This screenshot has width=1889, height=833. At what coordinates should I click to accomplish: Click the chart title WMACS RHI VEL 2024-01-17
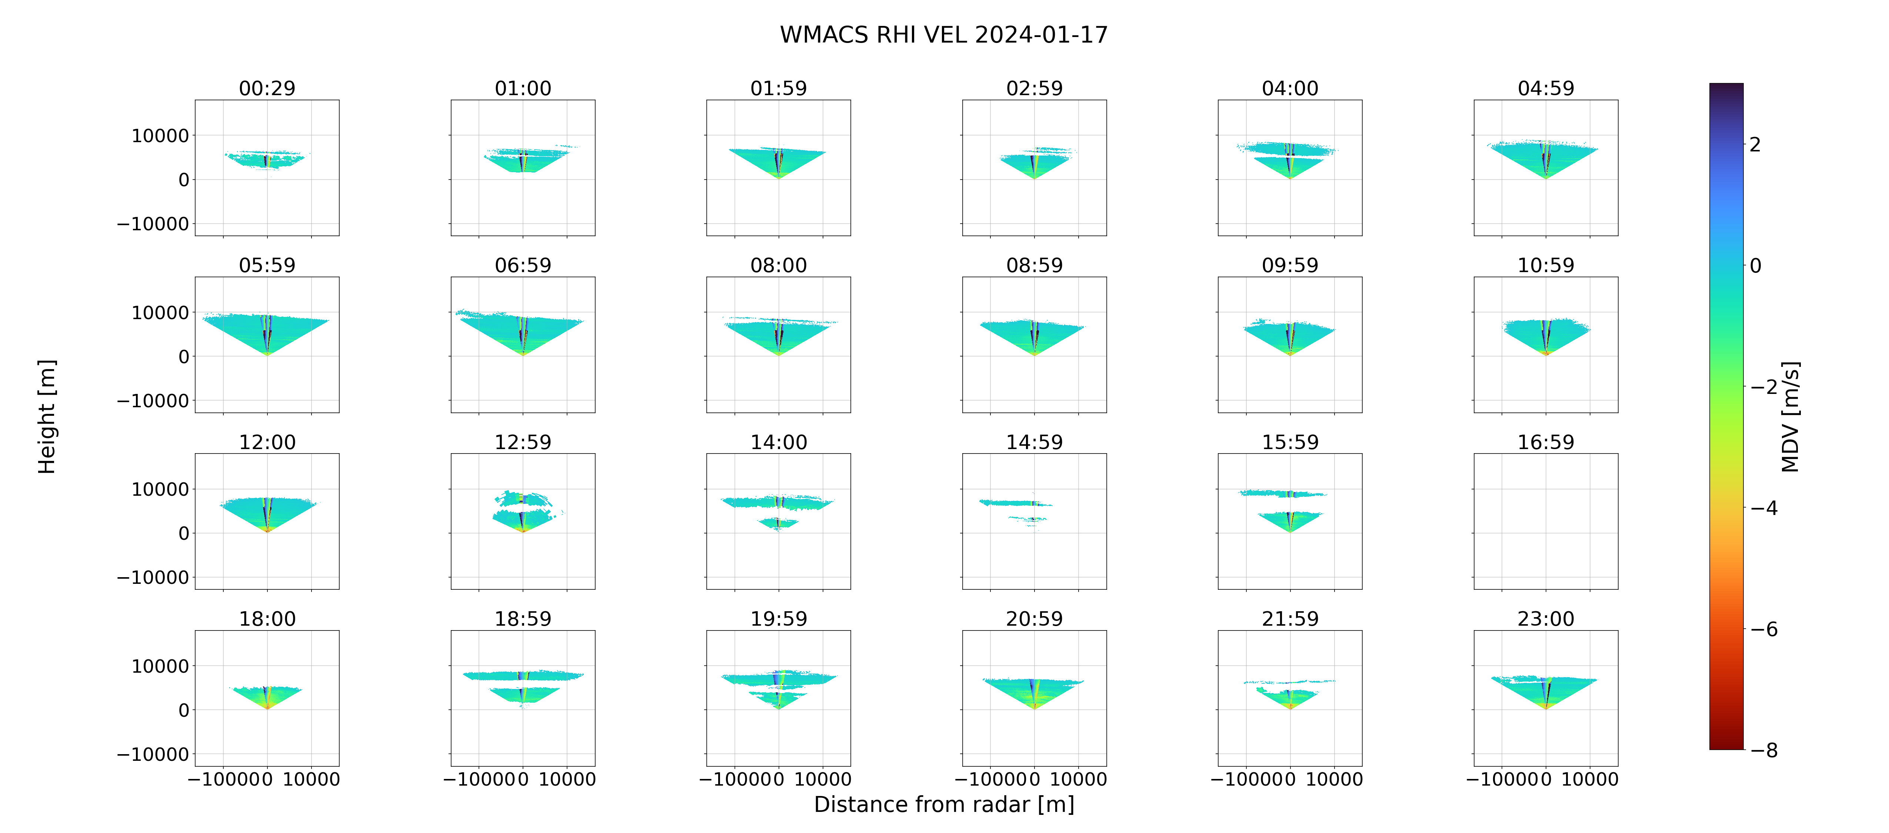(x=944, y=34)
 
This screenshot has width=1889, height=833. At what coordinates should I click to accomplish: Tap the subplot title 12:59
(x=523, y=442)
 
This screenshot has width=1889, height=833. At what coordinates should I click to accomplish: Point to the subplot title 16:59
(x=1546, y=442)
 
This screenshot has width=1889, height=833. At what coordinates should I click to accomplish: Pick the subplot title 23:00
(x=1546, y=619)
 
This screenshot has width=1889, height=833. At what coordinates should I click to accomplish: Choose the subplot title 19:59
(x=779, y=619)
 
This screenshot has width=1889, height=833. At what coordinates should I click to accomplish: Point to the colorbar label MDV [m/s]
(x=1791, y=416)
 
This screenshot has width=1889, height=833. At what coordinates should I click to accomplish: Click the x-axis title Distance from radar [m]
(x=944, y=804)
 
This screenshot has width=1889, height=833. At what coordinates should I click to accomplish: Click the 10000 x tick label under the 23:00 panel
(x=1590, y=779)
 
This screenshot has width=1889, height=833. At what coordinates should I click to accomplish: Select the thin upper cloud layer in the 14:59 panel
(x=1016, y=503)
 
